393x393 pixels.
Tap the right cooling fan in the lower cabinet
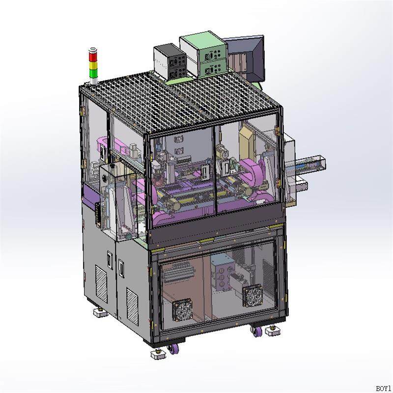click(253, 296)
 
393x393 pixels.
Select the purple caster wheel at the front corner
click(173, 349)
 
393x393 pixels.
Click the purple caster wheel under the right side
click(256, 333)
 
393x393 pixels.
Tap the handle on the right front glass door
click(225, 168)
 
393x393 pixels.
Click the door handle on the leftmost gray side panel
click(109, 258)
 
